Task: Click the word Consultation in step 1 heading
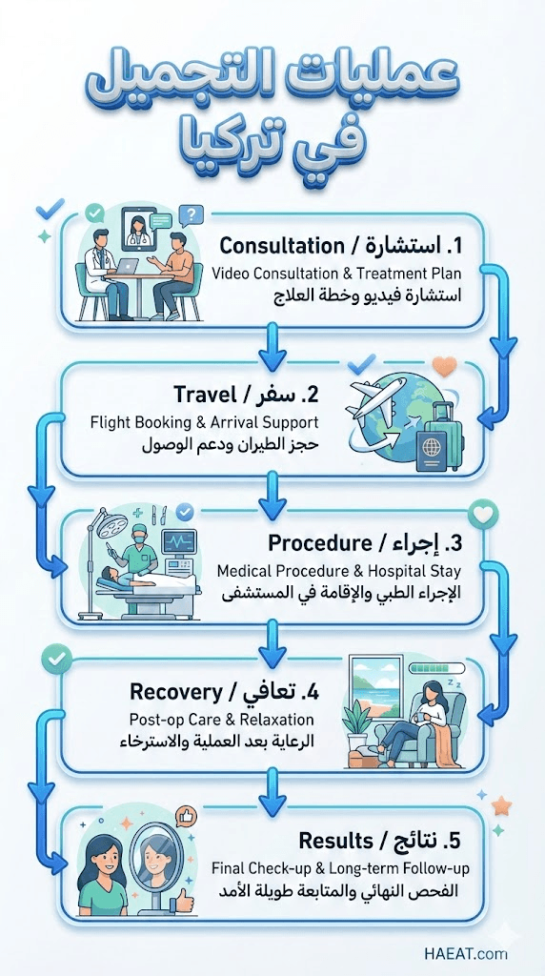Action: coord(281,245)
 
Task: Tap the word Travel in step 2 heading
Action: coord(205,394)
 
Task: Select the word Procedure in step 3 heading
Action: coord(320,543)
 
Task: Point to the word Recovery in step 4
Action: coord(176,692)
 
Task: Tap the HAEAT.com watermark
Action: coord(466,953)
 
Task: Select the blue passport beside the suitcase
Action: coord(432,450)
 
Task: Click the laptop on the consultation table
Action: coord(128,267)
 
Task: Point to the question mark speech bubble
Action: coord(191,216)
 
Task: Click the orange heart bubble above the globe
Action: coord(444,367)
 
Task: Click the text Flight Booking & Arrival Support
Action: coord(204,422)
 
